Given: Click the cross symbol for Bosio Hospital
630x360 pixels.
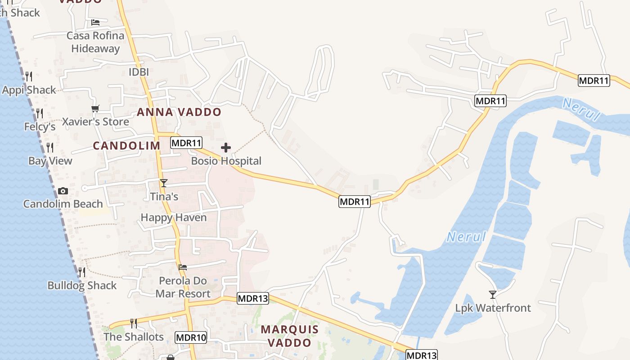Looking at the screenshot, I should click(226, 148).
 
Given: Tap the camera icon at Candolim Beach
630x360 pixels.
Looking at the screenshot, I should click(63, 191).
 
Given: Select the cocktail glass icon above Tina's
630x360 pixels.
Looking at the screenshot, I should click(164, 183).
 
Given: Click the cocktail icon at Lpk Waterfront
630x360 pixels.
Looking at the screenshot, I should click(493, 295).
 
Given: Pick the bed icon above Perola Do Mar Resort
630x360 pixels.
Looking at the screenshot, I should click(183, 267).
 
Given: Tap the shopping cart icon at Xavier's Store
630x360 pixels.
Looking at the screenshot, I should click(95, 108).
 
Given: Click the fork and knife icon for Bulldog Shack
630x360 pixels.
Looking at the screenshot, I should click(81, 272).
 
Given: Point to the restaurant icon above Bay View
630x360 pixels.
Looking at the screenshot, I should click(50, 148).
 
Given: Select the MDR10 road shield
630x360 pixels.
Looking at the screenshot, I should click(191, 337).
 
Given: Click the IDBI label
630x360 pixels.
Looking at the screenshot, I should click(139, 72).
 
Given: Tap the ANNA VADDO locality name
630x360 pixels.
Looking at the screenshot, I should click(179, 112).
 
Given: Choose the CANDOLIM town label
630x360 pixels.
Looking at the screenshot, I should click(126, 145).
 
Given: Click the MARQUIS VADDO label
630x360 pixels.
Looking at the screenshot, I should click(290, 336).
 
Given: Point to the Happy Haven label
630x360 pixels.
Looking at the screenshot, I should click(174, 217).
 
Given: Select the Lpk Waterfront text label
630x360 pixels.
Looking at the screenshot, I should click(493, 308).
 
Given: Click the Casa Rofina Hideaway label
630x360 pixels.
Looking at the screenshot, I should click(95, 42).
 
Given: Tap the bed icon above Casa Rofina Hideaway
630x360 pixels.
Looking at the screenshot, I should click(95, 22).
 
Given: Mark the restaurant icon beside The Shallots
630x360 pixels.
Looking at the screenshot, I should click(133, 324).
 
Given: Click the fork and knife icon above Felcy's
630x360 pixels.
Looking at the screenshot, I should click(40, 113).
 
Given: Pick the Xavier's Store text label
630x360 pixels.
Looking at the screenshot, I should click(95, 121).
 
